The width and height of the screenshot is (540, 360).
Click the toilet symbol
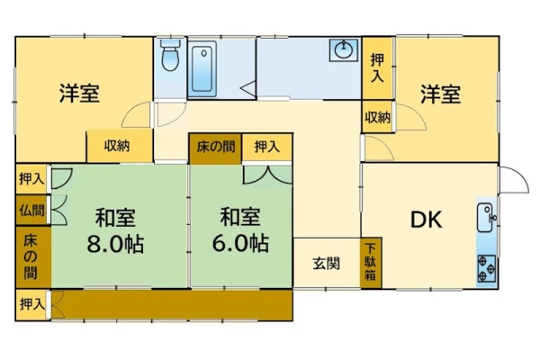coord(170,55)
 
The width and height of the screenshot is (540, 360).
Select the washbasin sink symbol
coord(344,50)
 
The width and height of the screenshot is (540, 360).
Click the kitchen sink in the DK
coord(486,218)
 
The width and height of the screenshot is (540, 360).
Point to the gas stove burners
coord(487,268)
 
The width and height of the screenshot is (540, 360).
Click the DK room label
coord(427,220)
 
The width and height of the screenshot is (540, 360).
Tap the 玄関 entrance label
coord(326,264)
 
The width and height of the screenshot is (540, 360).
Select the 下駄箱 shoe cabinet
coord(371,263)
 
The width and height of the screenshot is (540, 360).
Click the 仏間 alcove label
coord(32,210)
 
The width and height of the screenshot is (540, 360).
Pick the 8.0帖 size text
coord(115,244)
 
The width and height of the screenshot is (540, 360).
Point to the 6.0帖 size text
coord(240,243)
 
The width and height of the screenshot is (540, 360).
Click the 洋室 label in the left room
coord(79,94)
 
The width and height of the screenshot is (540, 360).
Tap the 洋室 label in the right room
coord(440,94)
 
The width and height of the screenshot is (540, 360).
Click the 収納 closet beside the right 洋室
coord(377,117)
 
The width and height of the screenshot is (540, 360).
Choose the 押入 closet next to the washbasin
coord(377,68)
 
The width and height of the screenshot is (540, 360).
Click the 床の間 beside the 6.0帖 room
coord(216,148)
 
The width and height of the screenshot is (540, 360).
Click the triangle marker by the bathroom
coord(248,88)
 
